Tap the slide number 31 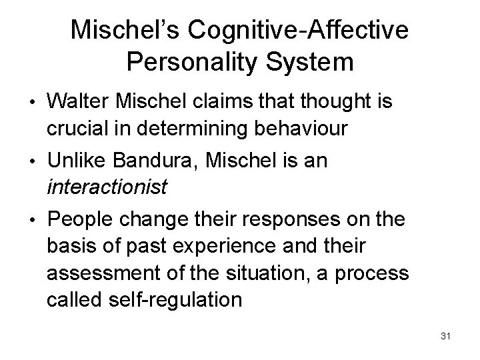(445, 336)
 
